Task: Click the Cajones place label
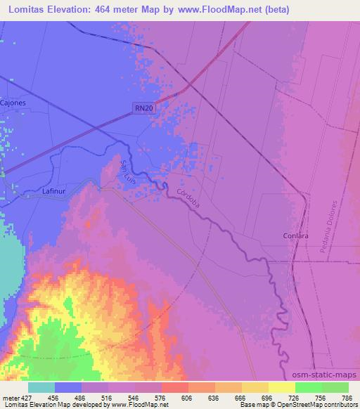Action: coord(13,103)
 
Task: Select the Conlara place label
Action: coord(295,236)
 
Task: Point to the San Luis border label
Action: coord(127,173)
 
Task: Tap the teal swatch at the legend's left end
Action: coord(41,387)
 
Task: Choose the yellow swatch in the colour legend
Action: coord(281,387)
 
